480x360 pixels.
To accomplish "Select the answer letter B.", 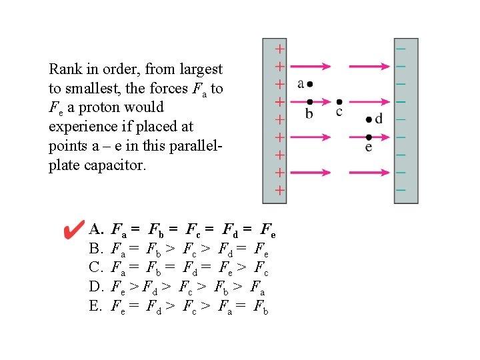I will pyautogui.click(x=95, y=250).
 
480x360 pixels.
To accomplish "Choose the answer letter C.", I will pyautogui.click(x=95, y=269).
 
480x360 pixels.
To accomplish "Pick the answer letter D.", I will pyautogui.click(x=95, y=287).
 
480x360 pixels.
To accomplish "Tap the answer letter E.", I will pyautogui.click(x=95, y=306).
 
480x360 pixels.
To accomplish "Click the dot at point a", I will pyautogui.click(x=310, y=84).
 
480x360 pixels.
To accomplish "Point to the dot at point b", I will pyautogui.click(x=308, y=102).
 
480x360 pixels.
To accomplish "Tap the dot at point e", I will pyautogui.click(x=369, y=137).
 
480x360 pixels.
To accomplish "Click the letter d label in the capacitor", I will pyautogui.click(x=379, y=119).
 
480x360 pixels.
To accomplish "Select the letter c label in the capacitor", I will pyautogui.click(x=339, y=112).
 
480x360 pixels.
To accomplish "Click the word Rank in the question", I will pyautogui.click(x=65, y=69).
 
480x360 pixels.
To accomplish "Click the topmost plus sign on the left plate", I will pyautogui.click(x=280, y=49).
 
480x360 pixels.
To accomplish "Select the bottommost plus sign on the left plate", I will pyautogui.click(x=280, y=190).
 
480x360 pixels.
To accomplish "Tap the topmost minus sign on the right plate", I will pyautogui.click(x=401, y=49).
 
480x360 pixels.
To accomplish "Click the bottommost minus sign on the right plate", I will pyautogui.click(x=401, y=190).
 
